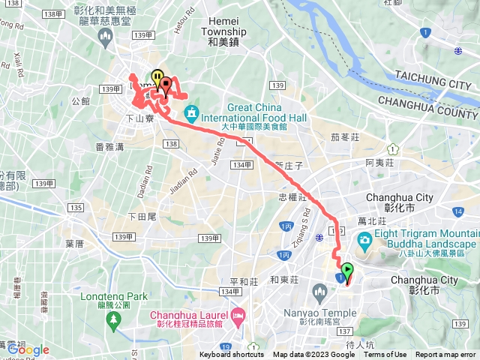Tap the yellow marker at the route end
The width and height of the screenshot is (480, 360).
click(x=157, y=77)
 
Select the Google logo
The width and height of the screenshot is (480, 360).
click(x=28, y=349)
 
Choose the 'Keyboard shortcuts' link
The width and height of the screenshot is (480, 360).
click(x=232, y=355)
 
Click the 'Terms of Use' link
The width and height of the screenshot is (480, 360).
click(x=385, y=355)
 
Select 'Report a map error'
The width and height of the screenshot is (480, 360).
click(x=446, y=355)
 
